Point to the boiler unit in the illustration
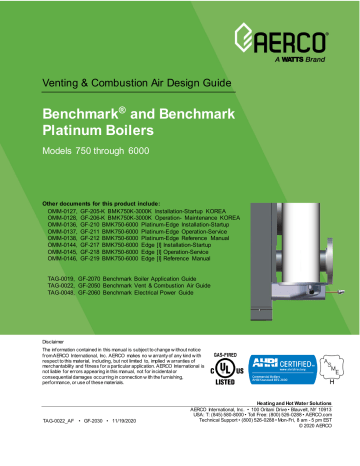click(x=290, y=220)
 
